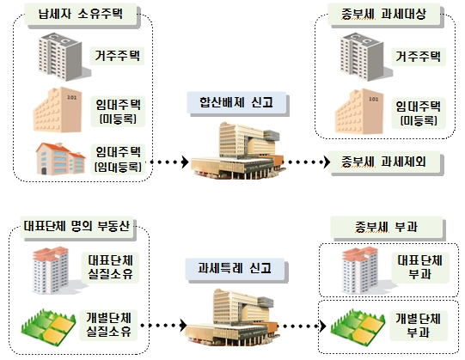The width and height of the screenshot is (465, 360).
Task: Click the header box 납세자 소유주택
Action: [81, 15]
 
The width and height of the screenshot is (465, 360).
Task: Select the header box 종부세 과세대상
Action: [383, 15]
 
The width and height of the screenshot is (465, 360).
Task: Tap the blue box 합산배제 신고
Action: [236, 102]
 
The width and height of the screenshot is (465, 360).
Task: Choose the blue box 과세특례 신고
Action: [235, 269]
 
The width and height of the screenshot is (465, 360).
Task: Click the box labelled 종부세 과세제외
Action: [383, 162]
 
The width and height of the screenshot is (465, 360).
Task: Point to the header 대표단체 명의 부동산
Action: [76, 227]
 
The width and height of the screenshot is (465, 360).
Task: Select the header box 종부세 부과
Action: [387, 227]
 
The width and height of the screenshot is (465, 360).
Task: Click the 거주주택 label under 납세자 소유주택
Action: [117, 56]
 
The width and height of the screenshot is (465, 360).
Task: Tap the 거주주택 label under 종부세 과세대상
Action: [419, 57]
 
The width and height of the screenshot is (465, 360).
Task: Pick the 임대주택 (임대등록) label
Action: [118, 160]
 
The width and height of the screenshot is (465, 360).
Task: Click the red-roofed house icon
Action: [60, 159]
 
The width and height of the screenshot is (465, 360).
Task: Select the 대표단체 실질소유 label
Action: [110, 267]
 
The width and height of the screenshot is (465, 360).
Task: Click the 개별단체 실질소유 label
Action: [108, 325]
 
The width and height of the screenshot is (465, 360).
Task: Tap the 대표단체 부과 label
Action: [420, 267]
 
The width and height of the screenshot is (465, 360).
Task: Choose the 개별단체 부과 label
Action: [419, 326]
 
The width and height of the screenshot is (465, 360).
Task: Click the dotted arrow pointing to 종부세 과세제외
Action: [305, 162]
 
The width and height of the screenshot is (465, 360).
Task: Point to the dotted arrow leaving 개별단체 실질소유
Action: [163, 326]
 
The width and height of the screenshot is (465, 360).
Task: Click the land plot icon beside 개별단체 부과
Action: [358, 326]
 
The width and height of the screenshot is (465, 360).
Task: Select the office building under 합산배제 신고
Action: [238, 150]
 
